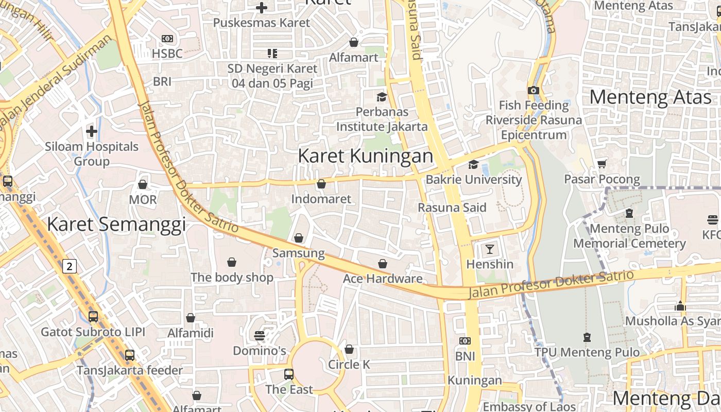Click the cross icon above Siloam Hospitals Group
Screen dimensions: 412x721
(x=92, y=131)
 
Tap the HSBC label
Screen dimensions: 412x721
(x=167, y=54)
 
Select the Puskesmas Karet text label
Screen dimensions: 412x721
(x=262, y=23)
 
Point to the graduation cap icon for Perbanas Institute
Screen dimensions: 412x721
(x=382, y=97)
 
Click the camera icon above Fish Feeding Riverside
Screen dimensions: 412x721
(x=534, y=90)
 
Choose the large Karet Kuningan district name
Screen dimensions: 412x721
(x=365, y=156)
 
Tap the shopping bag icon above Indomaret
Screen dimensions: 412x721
(x=321, y=184)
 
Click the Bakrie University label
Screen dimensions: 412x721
(x=473, y=180)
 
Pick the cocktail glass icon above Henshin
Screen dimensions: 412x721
(x=490, y=249)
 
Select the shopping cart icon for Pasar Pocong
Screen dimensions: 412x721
(x=602, y=164)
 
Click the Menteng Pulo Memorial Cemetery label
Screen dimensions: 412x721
(x=629, y=236)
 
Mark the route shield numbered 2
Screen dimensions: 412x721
(x=70, y=266)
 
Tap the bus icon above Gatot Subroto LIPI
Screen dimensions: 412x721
(x=93, y=317)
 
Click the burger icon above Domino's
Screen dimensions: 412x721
(x=260, y=336)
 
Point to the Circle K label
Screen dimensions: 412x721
(x=349, y=365)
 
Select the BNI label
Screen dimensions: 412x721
(x=465, y=356)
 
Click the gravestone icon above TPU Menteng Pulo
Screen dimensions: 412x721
(x=587, y=337)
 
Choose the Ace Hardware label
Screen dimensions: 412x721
(x=383, y=279)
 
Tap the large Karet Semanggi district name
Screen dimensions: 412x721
(x=116, y=225)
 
